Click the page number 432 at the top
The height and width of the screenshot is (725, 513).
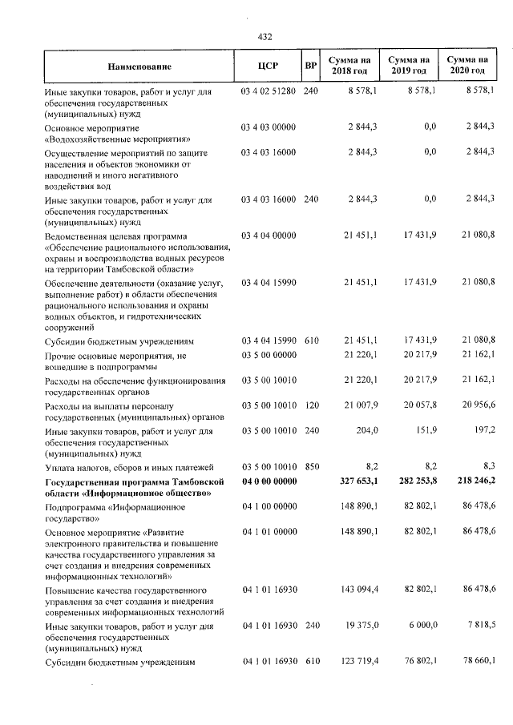(x=265, y=36)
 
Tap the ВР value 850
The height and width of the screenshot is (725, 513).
(x=312, y=466)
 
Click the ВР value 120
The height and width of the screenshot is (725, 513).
(x=312, y=405)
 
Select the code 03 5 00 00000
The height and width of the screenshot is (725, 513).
(x=269, y=353)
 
